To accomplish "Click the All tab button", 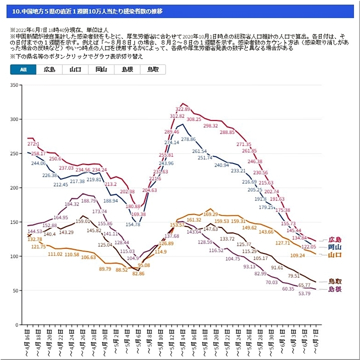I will [x=23, y=70].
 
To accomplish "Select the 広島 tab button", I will [x=49, y=70].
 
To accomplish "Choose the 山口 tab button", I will [x=75, y=70].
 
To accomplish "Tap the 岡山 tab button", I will [x=101, y=70].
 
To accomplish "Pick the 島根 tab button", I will [x=127, y=70].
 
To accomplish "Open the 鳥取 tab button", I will [x=152, y=70].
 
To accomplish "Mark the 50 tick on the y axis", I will [x=15, y=290].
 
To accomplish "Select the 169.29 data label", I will [x=211, y=214].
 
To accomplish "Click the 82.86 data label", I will [x=137, y=273].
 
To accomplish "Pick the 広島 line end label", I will [x=334, y=240].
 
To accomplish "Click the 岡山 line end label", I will [x=334, y=247].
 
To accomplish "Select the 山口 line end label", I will [x=334, y=255].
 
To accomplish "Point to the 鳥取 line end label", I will [x=334, y=281].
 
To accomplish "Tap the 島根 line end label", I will [x=334, y=289].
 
